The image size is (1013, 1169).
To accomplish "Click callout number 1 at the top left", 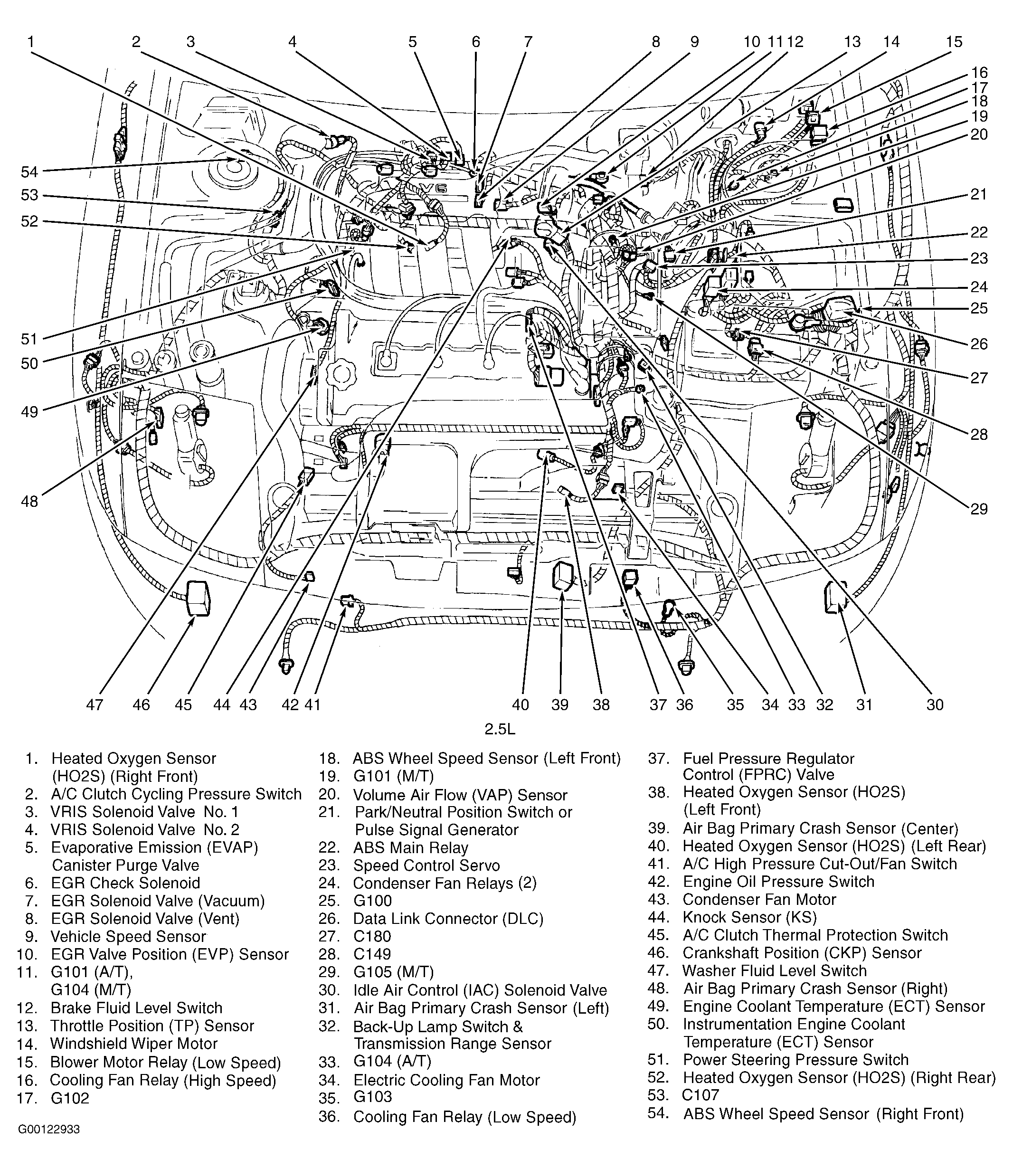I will (30, 42).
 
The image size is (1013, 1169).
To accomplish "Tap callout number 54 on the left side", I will (30, 171).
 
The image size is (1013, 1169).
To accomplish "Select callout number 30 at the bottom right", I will (935, 704).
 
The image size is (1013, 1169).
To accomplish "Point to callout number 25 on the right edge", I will (978, 308).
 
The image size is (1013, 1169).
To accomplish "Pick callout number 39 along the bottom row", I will (559, 704).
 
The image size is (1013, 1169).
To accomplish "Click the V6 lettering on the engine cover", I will (436, 188).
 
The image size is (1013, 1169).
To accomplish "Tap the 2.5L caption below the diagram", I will (500, 729).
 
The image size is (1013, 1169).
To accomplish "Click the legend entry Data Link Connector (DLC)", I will (448, 919).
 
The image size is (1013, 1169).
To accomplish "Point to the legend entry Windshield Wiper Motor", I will (133, 1044).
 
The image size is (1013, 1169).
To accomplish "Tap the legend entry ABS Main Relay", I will (410, 848).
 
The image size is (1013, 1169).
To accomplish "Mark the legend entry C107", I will (701, 1095).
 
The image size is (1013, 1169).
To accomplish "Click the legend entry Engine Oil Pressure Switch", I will (778, 881).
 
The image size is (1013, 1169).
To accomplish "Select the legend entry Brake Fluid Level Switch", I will (136, 1008).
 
